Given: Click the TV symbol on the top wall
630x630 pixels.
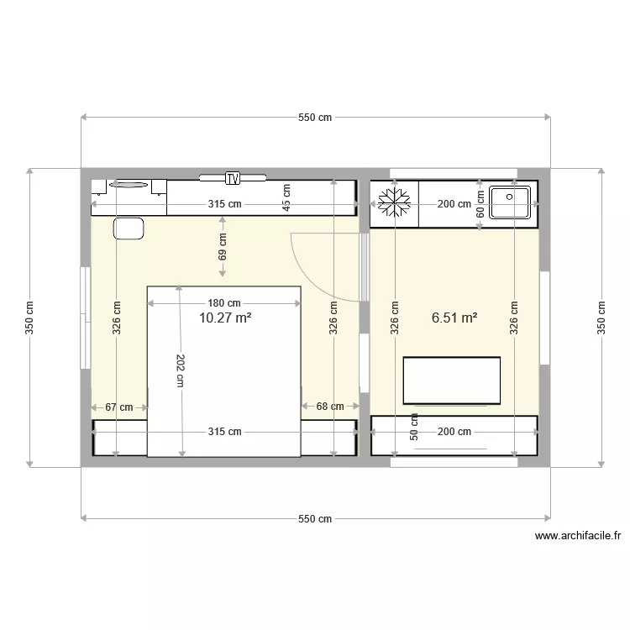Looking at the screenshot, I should [x=233, y=177].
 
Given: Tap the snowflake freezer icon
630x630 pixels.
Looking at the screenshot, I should [x=394, y=203].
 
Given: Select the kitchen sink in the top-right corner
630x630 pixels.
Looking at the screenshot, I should [x=510, y=202].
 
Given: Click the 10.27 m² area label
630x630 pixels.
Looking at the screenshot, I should [x=226, y=318].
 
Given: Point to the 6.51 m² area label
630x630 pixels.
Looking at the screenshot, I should [x=454, y=318].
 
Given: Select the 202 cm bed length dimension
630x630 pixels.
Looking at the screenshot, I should [x=181, y=370].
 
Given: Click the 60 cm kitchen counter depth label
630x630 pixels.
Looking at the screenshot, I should [x=480, y=203].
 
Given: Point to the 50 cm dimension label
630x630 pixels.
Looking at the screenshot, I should [x=413, y=426].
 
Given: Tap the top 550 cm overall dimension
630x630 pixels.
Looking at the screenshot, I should [x=315, y=118].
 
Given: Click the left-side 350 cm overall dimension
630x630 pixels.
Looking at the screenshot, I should [x=30, y=318].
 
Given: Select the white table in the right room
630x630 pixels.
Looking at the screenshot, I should [x=452, y=381].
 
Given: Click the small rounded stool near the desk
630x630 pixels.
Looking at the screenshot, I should [x=128, y=228].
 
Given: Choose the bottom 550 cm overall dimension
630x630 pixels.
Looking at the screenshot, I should [x=315, y=519].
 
